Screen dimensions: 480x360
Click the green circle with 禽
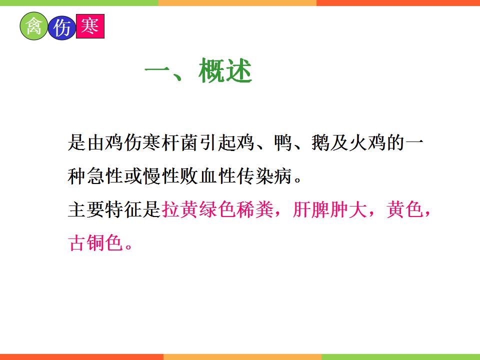tap(34, 26)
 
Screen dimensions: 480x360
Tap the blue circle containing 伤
tap(62, 28)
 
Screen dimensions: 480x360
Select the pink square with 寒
tap(90, 26)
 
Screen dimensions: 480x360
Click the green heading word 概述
tap(225, 70)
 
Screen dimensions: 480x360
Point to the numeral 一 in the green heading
tap(157, 70)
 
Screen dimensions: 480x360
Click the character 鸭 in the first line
tap(283, 142)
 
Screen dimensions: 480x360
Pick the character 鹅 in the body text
tap(320, 142)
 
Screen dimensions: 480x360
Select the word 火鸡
tap(367, 142)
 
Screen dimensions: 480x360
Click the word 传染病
tap(264, 176)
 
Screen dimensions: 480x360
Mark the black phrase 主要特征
tap(105, 209)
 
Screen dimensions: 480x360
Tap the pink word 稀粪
tap(255, 209)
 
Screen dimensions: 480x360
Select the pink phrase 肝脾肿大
tap(329, 209)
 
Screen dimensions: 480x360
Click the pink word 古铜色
tap(95, 243)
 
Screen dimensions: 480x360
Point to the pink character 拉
tap(170, 209)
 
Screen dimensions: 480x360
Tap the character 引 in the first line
tap(208, 142)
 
